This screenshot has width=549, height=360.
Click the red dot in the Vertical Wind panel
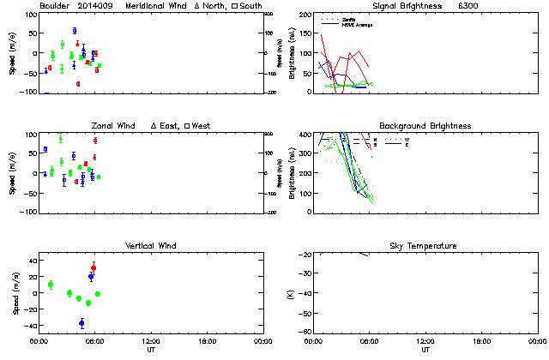(x=94, y=268)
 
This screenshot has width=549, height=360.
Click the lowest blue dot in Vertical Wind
(x=81, y=323)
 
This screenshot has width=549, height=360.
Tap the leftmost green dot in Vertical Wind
(x=51, y=285)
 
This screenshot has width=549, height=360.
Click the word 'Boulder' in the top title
(x=57, y=6)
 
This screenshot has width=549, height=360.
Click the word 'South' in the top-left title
(x=252, y=6)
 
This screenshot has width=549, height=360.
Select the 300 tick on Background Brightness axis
(x=305, y=154)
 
